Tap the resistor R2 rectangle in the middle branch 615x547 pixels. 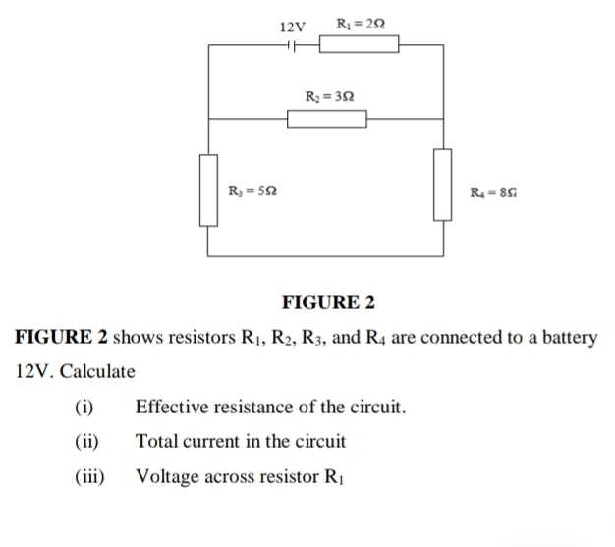(327, 119)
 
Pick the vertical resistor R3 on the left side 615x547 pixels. (207, 189)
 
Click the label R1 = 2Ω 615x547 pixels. (355, 22)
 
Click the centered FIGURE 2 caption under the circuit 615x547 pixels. (328, 301)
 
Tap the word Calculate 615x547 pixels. (96, 372)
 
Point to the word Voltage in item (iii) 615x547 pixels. (167, 477)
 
